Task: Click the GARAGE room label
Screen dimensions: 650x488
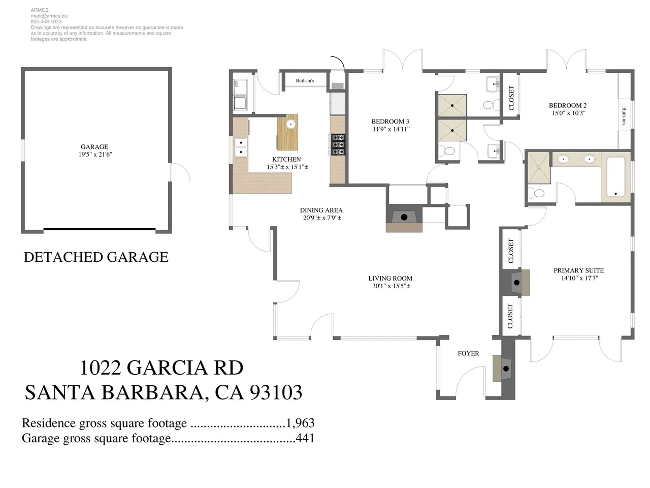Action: [94, 147]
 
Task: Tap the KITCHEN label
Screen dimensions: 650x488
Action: [286, 159]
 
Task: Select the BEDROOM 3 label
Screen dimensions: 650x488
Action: [390, 121]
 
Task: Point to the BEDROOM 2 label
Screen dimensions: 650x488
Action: [568, 105]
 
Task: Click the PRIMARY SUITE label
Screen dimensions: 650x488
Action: [578, 270]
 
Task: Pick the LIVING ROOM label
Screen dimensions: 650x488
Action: [390, 278]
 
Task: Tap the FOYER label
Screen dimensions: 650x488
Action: [468, 353]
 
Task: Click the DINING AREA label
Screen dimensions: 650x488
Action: [321, 210]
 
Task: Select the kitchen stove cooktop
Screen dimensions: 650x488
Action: [338, 144]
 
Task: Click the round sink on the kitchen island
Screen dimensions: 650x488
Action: [291, 124]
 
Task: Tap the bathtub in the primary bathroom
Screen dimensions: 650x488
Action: [616, 177]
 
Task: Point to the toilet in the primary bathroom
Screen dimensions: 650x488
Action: [537, 193]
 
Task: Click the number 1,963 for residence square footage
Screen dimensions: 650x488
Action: [300, 423]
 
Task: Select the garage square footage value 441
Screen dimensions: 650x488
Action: [305, 438]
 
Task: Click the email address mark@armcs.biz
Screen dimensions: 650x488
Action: [49, 16]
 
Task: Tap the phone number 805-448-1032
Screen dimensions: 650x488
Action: [46, 22]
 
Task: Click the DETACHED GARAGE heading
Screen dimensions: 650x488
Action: [96, 257]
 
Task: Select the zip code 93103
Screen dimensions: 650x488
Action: [276, 392]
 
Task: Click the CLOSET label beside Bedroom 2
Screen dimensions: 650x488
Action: [511, 98]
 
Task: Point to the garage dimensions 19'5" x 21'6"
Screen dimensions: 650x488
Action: [95, 155]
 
